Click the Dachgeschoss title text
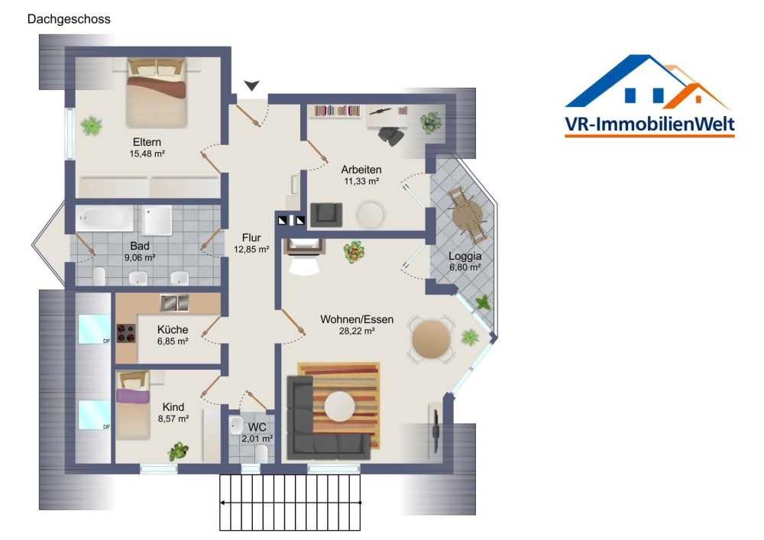coord(69,19)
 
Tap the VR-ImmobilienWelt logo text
coord(649,124)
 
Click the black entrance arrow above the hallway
coord(252,86)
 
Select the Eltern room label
coord(147,142)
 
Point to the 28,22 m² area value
coord(357,331)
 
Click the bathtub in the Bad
coord(105,218)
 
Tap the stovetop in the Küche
coord(126,334)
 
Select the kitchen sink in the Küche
coord(174,303)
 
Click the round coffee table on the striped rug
coord(340,406)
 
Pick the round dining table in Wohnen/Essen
coord(432,339)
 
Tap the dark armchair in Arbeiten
coord(326,215)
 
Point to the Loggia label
coord(465,256)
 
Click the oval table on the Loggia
coord(467,215)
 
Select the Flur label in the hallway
coord(251,238)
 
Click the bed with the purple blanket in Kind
coord(133,405)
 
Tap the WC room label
coord(257,427)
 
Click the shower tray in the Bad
coord(157,220)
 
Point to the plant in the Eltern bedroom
coord(92,125)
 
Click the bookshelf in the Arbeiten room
coord(337,111)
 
